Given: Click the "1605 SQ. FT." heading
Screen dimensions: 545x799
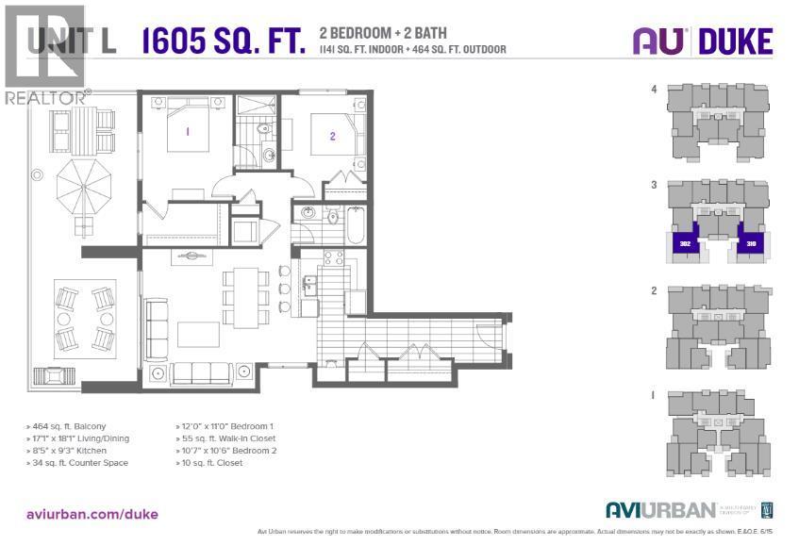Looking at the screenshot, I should tap(224, 41).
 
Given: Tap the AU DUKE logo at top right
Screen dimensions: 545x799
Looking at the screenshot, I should tap(702, 41).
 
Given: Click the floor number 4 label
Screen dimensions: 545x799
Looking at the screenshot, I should tap(653, 90).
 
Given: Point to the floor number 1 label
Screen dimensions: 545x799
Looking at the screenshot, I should tap(653, 396).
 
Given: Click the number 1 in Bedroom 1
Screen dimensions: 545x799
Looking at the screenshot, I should tap(188, 132).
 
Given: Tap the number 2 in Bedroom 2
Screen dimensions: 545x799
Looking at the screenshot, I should tap(332, 136).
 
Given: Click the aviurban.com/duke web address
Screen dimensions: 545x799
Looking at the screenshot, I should tap(92, 514).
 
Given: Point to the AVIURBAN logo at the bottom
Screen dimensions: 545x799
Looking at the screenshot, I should tap(660, 510).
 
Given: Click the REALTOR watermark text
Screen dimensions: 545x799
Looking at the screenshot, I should tap(45, 97).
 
